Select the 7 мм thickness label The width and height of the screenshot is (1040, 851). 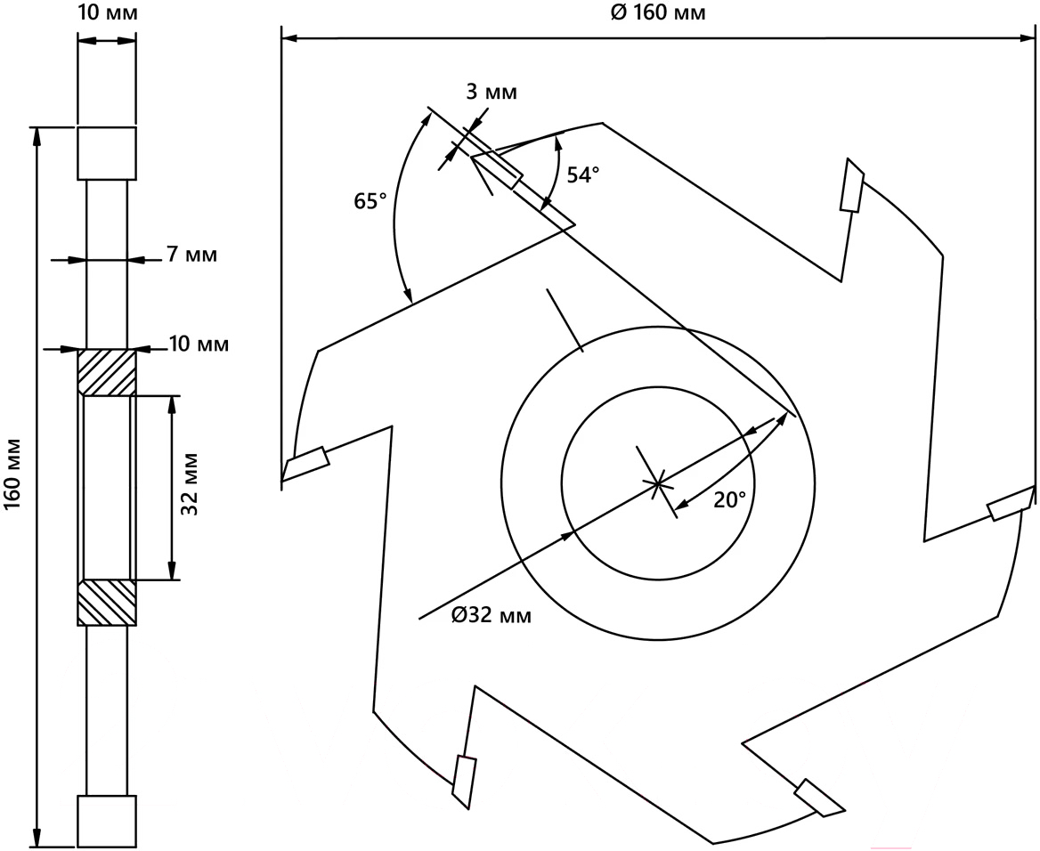pos(191,254)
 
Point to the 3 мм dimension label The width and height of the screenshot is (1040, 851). pos(492,92)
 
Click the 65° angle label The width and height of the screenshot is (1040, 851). pos(370,201)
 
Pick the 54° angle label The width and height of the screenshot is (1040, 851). pos(583,174)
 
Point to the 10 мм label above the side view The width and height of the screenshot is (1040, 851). pos(108,12)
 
